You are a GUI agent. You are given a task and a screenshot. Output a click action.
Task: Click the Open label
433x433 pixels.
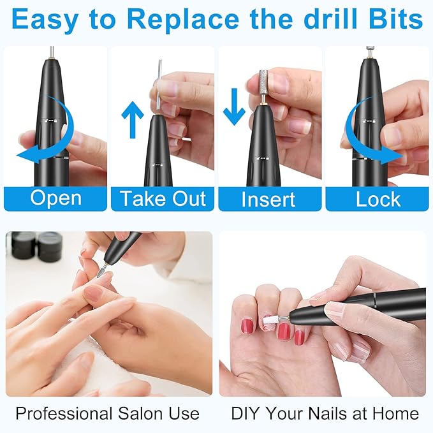pyautogui.click(x=55, y=198)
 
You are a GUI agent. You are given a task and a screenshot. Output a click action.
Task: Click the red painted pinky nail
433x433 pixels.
pyautogui.click(x=247, y=326)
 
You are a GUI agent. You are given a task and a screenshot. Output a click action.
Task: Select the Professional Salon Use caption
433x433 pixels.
pyautogui.click(x=107, y=413)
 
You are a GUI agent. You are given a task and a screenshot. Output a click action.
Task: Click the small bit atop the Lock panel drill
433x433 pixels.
pyautogui.click(x=369, y=49)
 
